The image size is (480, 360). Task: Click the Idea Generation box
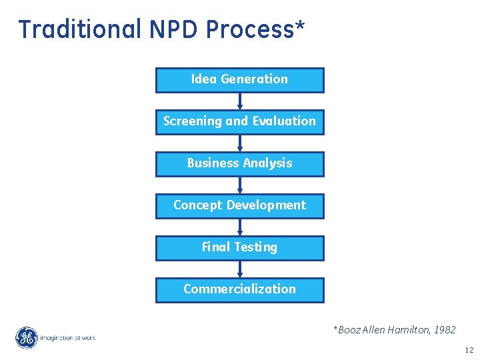click(239, 79)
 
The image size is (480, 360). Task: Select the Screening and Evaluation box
click(239, 121)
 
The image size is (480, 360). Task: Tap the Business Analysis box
click(239, 163)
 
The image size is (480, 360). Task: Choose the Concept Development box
click(239, 205)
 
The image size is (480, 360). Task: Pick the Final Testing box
click(239, 247)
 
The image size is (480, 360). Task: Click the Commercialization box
click(239, 289)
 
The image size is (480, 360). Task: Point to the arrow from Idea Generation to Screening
click(240, 101)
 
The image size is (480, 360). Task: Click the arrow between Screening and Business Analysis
click(240, 143)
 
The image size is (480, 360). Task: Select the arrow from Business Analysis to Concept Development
click(240, 185)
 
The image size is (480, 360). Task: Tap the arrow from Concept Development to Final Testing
click(240, 227)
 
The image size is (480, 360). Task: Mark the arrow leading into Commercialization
click(240, 269)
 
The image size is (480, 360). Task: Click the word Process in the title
click(249, 29)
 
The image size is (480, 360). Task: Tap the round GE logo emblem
click(27, 338)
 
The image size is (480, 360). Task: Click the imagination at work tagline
click(67, 338)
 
